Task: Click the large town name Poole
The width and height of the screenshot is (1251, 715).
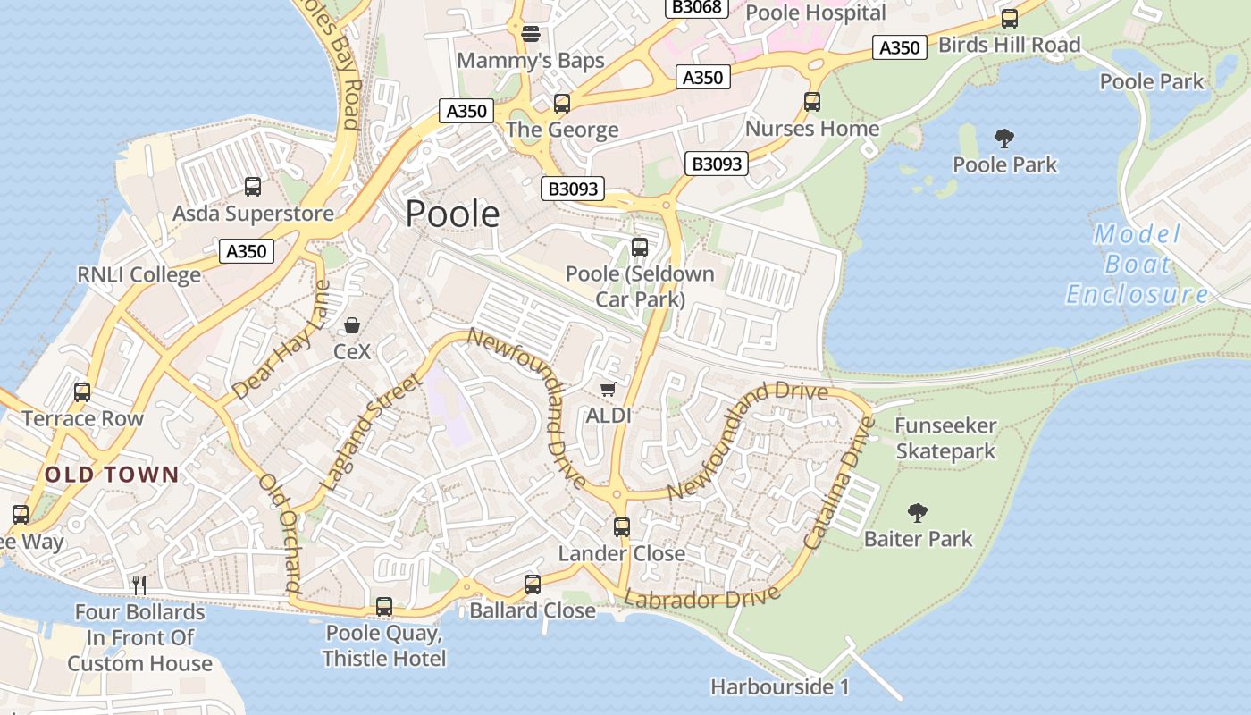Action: (452, 214)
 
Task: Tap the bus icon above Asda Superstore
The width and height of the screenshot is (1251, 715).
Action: (253, 187)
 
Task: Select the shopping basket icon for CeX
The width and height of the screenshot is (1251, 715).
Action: (352, 325)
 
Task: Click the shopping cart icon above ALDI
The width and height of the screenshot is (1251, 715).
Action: (609, 389)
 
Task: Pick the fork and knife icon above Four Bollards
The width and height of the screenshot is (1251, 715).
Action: (139, 585)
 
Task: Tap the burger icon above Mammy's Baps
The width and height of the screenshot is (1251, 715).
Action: (531, 34)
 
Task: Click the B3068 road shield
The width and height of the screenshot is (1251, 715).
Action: (698, 7)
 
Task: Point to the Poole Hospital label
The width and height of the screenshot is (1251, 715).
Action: (815, 13)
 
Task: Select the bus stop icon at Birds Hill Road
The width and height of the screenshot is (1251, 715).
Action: (1009, 18)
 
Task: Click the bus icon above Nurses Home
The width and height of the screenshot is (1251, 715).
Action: (812, 102)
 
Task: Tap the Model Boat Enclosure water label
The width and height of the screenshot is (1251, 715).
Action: (1137, 265)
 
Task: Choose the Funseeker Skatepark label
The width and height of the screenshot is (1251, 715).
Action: (945, 438)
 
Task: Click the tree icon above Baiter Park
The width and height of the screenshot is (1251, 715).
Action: (917, 512)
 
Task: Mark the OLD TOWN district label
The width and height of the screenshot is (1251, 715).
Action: (113, 475)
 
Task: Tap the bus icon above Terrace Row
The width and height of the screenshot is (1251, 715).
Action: (82, 391)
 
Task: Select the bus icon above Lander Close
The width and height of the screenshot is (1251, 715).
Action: (622, 527)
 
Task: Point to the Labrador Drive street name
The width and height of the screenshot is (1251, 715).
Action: (702, 596)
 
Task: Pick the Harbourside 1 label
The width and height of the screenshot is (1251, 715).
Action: (779, 687)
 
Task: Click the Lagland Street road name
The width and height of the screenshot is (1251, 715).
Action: (369, 432)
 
